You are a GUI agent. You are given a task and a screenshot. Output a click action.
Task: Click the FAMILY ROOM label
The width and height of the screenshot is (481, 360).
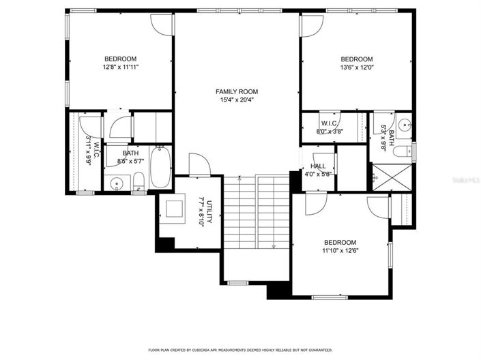pos(237,91)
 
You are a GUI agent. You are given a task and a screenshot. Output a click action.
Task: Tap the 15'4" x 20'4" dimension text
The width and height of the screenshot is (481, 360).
pos(237,100)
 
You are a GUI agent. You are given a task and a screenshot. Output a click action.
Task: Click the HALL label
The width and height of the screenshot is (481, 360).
pos(318,166)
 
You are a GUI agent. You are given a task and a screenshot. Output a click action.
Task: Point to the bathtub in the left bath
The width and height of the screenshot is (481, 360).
pos(161,168)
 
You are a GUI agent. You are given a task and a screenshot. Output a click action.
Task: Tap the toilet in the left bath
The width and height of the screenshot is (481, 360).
pos(139,181)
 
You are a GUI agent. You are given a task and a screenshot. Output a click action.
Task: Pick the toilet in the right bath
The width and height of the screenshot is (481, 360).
pos(405,150)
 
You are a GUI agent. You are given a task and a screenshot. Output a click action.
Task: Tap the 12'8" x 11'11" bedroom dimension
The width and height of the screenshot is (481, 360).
pos(120,67)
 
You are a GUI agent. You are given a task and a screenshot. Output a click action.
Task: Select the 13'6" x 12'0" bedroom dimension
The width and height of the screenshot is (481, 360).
pos(357,67)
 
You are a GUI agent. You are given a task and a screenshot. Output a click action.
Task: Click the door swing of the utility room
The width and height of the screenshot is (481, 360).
pos(198,165)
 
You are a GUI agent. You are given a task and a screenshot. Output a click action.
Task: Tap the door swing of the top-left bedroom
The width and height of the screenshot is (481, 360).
pos(162,25)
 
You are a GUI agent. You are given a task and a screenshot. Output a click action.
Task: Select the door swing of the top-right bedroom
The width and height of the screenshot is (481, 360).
pos(311,24)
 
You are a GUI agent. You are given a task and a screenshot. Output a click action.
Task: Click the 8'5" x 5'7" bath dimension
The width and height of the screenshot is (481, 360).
pos(130,162)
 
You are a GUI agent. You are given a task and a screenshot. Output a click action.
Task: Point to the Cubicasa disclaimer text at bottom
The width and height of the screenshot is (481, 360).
pos(239,349)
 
